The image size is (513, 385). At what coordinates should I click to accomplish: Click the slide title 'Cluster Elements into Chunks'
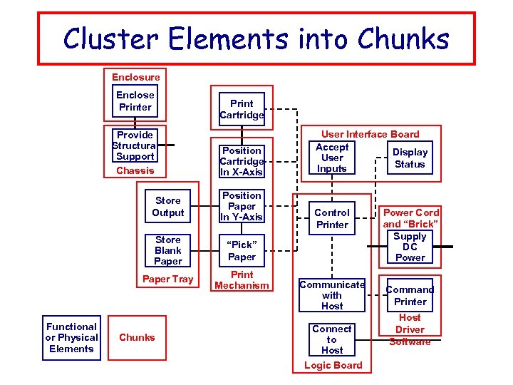256,38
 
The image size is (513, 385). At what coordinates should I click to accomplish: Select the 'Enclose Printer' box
135,101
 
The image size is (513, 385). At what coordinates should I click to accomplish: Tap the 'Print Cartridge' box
242,109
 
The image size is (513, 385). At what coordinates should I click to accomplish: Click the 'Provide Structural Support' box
135,145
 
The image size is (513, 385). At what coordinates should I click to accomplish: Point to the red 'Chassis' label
135,171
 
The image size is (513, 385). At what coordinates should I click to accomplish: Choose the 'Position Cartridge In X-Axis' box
242,161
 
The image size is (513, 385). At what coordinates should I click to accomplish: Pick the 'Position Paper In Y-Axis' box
242,206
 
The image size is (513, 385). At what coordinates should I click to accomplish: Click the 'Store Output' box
168,207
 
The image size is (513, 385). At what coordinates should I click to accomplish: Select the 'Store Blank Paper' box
168,250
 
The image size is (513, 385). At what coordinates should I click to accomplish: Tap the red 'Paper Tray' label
168,279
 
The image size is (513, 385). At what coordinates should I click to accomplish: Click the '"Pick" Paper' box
242,250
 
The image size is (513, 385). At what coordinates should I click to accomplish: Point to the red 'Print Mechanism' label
242,280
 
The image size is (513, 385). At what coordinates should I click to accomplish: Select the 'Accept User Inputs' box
332,158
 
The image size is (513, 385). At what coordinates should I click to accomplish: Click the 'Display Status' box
410,158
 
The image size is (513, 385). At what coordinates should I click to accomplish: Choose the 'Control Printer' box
332,218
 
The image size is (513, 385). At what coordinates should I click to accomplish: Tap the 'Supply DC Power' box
410,247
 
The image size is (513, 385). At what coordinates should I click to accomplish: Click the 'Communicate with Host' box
332,294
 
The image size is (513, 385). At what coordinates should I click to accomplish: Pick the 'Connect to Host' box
332,339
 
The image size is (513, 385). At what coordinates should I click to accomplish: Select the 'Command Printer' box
410,295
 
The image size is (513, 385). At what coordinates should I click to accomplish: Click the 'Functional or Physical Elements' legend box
71,338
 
